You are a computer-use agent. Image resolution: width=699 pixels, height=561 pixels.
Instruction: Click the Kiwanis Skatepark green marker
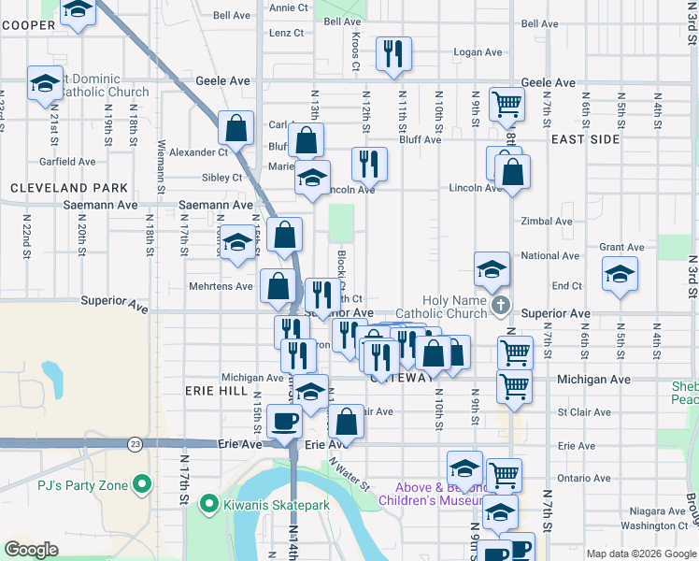coord(211,505)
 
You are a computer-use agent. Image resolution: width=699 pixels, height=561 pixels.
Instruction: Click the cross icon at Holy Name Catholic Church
coord(501,305)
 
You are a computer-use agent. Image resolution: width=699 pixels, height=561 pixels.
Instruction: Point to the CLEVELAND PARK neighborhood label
coord(68,188)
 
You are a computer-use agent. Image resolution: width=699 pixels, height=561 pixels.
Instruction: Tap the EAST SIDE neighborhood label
coord(585,138)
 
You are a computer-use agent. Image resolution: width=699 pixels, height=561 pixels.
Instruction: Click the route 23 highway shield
coord(136,443)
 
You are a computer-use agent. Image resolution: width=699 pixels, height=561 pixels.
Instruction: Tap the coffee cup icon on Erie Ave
coord(284,421)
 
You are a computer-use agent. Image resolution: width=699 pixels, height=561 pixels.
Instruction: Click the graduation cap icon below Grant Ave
coord(618,275)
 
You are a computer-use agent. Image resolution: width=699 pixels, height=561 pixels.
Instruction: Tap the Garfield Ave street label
coord(69,162)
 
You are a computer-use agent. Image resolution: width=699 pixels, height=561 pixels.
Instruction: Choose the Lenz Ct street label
coord(286,33)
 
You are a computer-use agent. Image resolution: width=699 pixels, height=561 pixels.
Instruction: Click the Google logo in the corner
coord(31,550)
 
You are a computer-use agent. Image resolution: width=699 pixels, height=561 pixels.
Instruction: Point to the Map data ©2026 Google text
coord(640,554)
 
